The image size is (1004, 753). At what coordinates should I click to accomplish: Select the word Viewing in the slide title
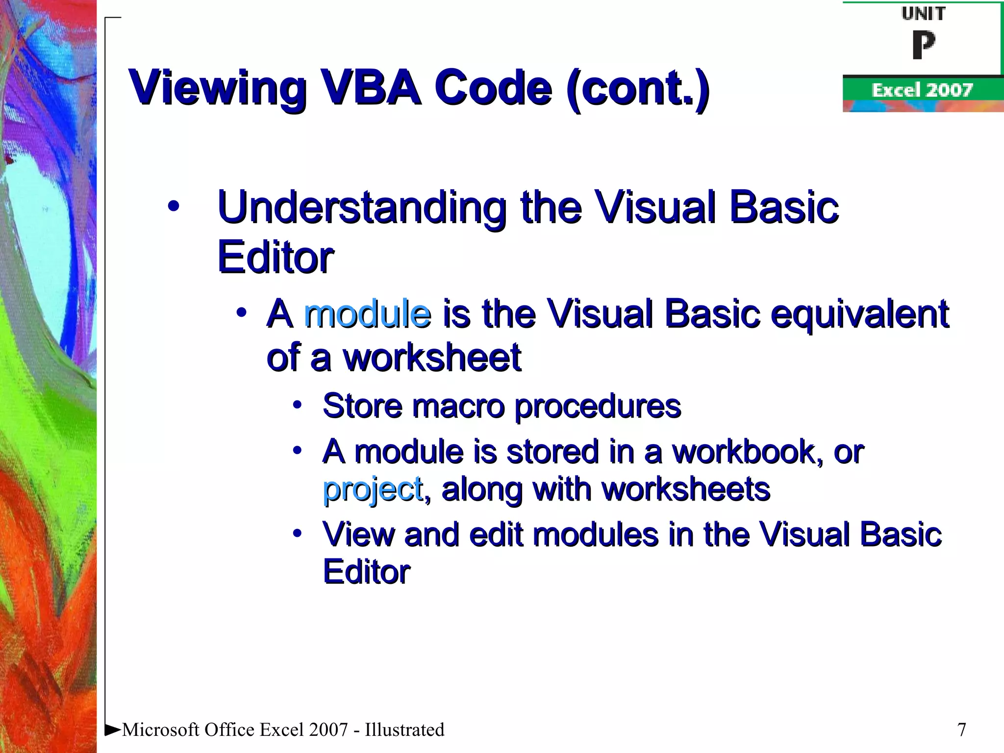217,89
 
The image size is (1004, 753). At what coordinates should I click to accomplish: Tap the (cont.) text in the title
637,89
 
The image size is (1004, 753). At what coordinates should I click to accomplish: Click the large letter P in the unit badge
923,45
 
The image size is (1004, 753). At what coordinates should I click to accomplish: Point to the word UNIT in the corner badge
923,14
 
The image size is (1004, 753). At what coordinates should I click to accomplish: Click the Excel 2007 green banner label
922,90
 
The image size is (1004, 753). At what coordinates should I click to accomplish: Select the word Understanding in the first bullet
362,208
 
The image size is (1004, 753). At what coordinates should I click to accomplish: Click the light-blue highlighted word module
368,313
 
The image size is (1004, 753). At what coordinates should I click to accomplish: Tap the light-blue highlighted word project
373,490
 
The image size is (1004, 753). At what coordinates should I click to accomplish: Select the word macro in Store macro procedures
458,406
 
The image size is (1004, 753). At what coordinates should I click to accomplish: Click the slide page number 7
961,729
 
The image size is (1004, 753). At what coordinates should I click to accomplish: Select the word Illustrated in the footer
404,729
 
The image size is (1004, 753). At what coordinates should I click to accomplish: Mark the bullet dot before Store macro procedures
297,405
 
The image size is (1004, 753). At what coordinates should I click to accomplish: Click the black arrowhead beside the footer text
113,729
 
